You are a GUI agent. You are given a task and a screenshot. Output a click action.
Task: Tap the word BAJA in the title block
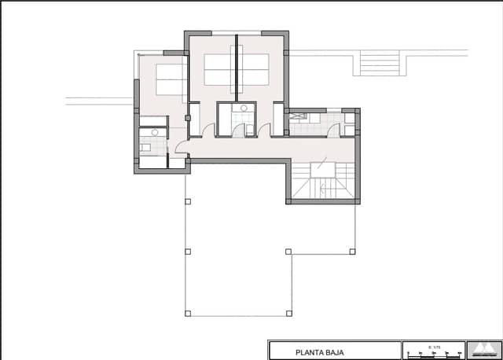(332, 352)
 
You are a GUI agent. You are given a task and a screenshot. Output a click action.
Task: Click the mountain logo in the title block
(482, 348)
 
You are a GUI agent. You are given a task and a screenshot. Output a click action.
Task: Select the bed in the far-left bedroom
(170, 79)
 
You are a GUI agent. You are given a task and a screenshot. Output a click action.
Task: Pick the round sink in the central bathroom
(244, 107)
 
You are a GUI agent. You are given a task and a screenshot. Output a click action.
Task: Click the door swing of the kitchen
(335, 129)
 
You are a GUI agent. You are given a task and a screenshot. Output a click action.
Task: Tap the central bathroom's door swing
(238, 130)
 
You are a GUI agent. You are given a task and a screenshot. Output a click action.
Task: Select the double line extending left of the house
(99, 101)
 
